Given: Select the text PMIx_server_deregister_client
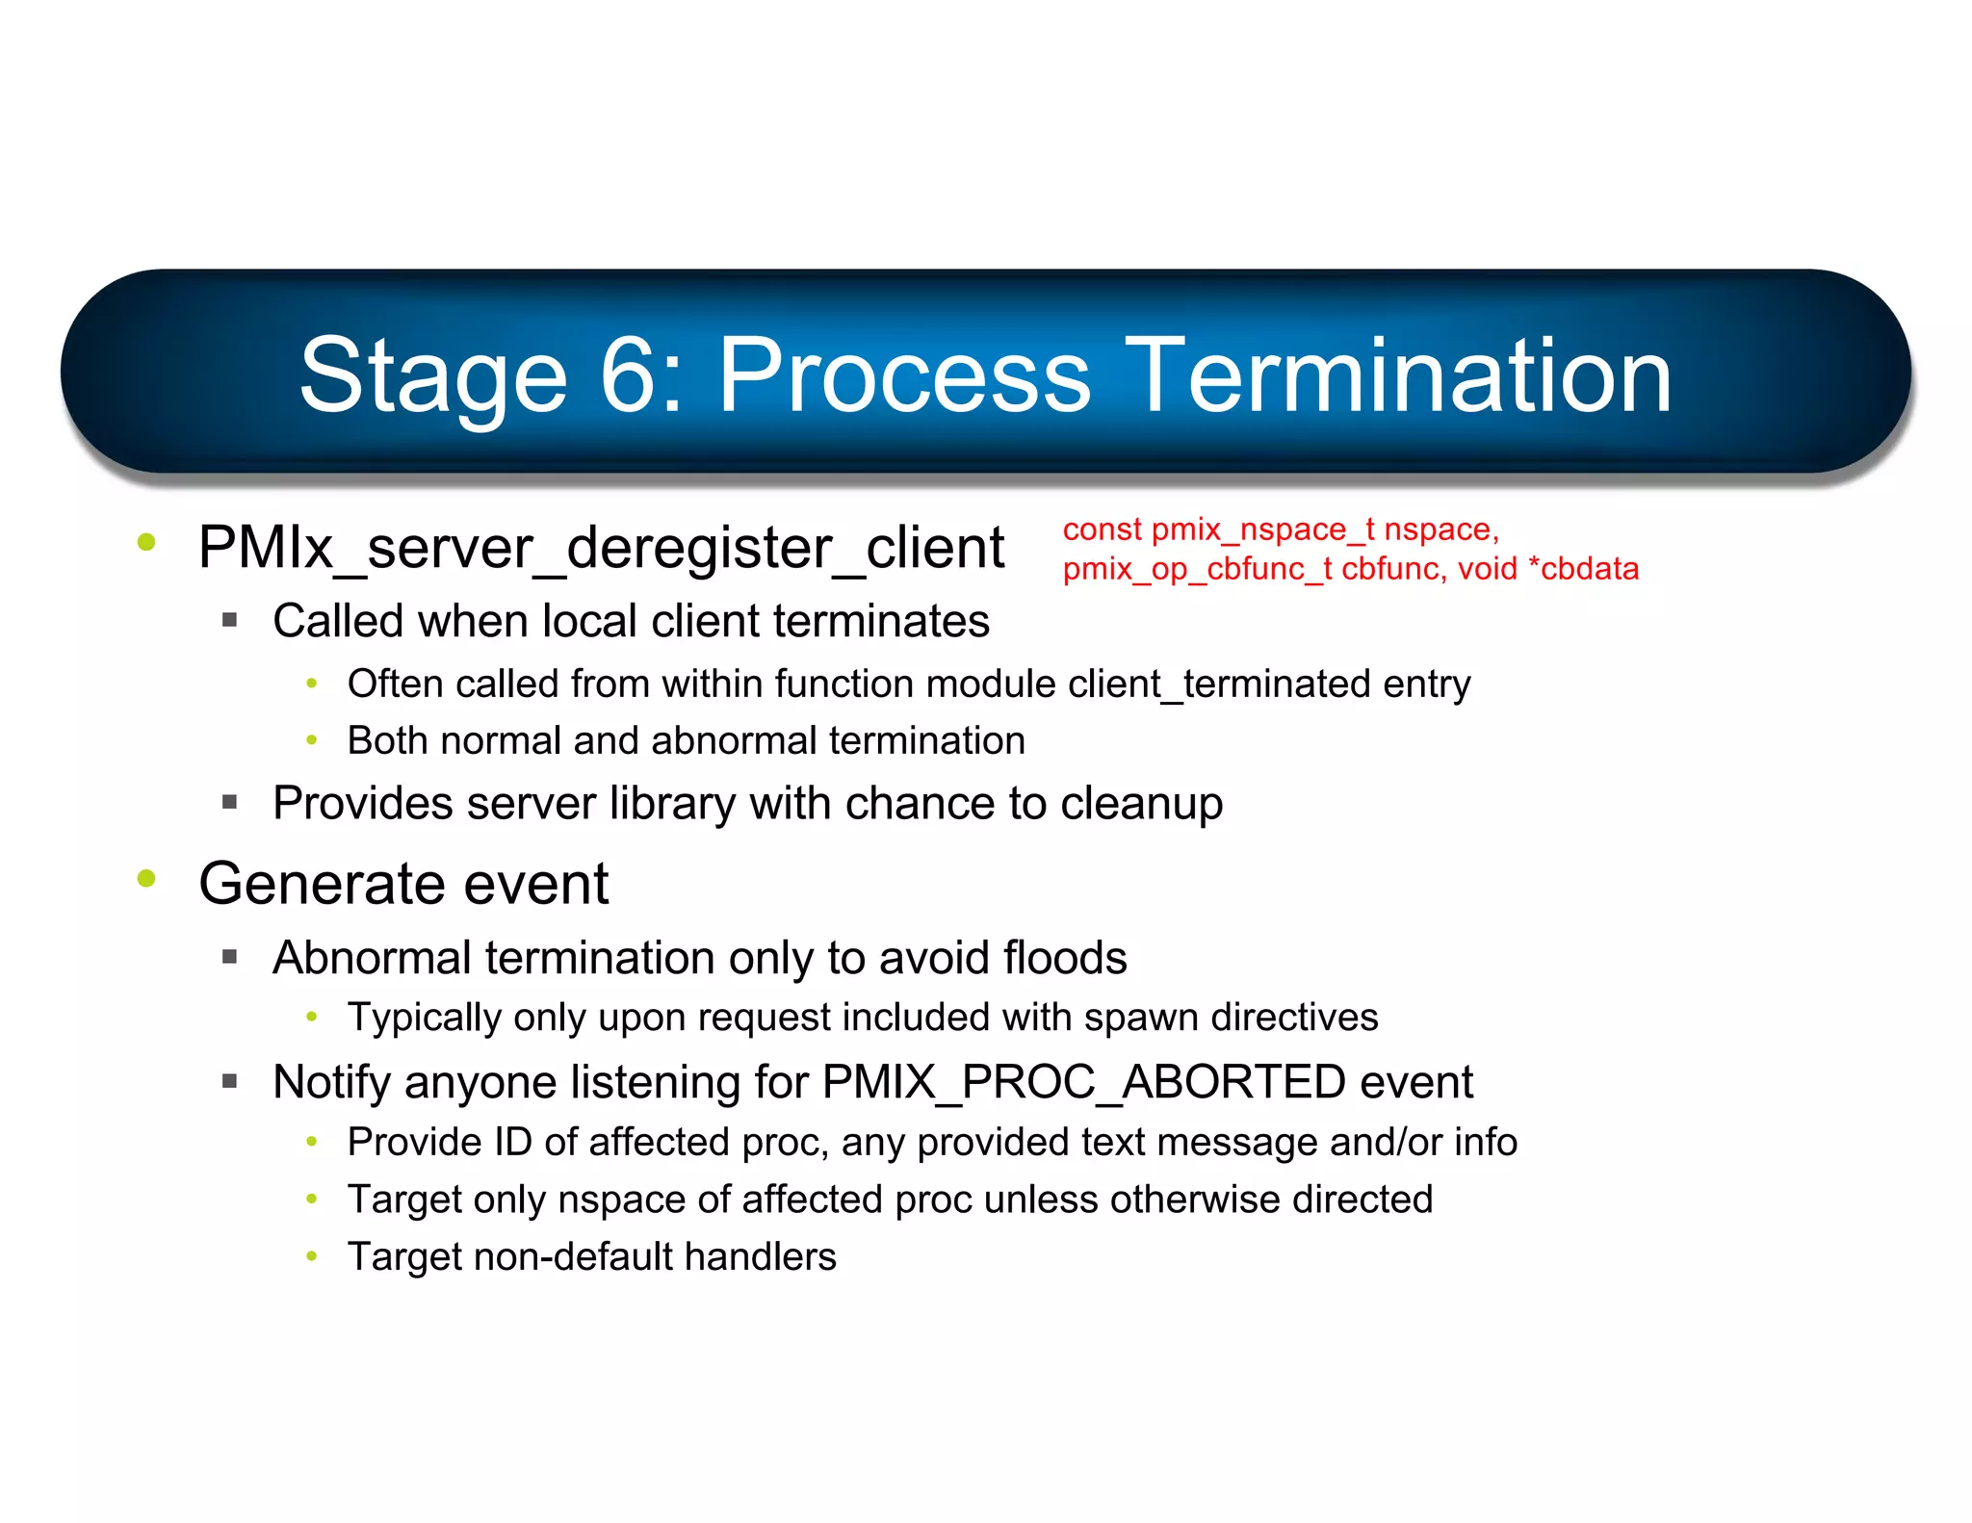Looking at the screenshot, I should (601, 549).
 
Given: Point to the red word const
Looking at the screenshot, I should (1102, 529).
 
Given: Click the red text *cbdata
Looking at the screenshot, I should (1583, 569).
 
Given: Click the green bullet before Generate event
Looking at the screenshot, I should (146, 878).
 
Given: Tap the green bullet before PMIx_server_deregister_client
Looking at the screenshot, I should (146, 542).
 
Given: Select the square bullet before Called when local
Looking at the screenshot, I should (229, 620).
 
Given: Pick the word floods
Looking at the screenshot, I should (1064, 959).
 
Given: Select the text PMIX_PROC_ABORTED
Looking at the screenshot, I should (1083, 1082).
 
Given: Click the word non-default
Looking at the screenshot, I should (573, 1257).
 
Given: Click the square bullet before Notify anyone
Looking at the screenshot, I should (229, 1081).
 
